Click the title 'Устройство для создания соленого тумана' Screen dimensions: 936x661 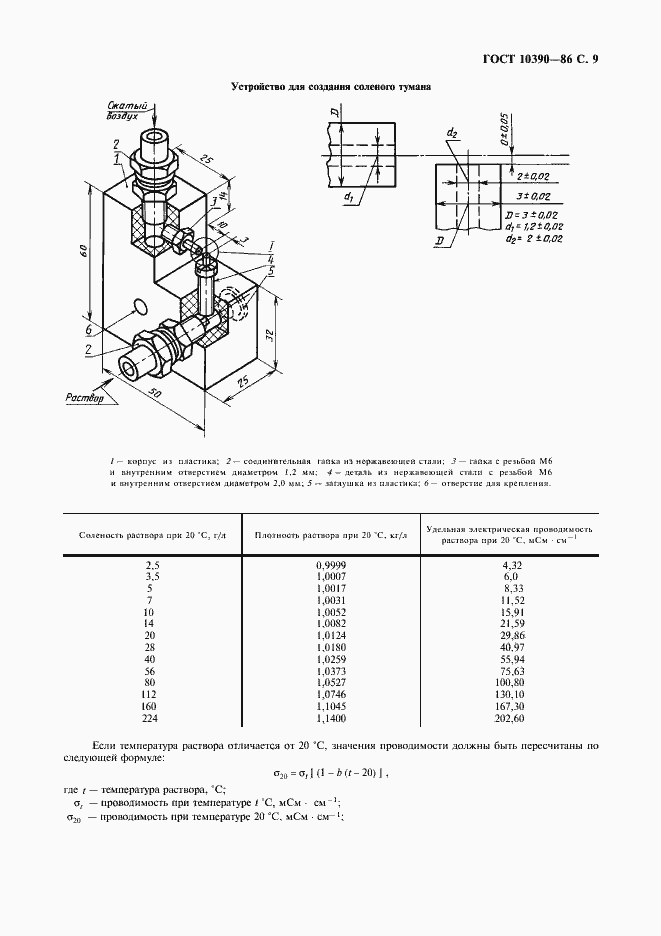pos(330,87)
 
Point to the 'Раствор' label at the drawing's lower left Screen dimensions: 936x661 pos(85,397)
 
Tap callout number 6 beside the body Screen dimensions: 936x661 pos(89,330)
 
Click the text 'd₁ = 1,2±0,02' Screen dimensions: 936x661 pos(534,228)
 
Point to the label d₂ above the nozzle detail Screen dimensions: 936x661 pos(452,133)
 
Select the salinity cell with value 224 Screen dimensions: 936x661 pos(152,717)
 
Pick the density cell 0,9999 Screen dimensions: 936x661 pos(330,565)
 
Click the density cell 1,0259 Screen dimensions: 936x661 pos(330,658)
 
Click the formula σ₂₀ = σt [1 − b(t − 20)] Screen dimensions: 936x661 pos(330,772)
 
